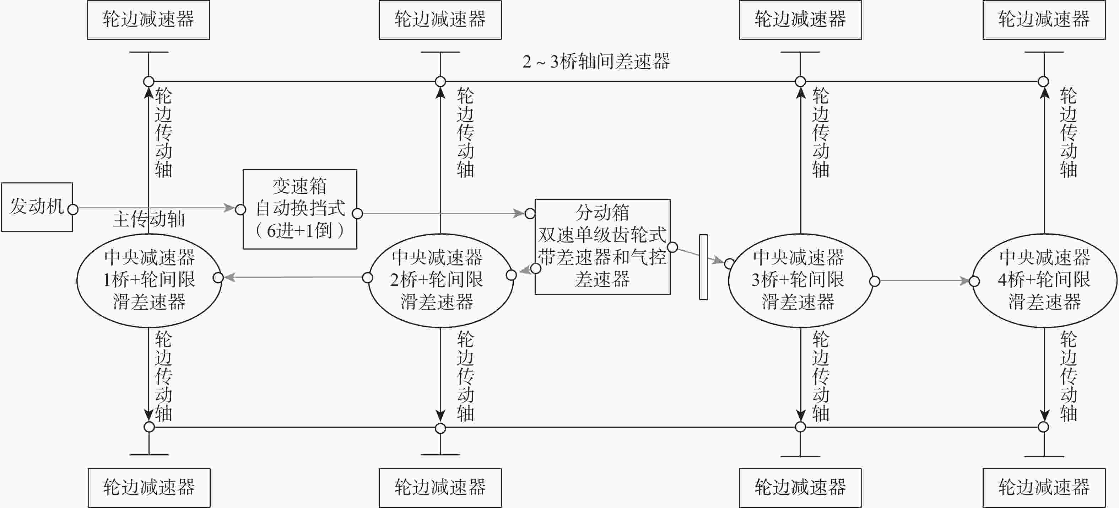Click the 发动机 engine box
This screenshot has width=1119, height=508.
click(37, 207)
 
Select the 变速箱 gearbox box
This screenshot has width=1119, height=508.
click(300, 209)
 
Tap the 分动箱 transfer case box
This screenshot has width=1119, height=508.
click(602, 246)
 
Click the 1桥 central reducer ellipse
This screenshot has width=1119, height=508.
click(149, 280)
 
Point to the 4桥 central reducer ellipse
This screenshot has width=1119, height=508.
click(1044, 280)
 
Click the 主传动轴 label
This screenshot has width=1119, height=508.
click(148, 219)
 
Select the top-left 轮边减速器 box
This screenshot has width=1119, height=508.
click(148, 20)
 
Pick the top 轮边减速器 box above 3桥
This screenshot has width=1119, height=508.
click(800, 20)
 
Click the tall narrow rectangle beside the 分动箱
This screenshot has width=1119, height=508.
click(703, 267)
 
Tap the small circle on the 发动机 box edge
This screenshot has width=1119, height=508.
click(73, 209)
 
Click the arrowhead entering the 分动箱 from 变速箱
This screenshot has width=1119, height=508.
click(519, 213)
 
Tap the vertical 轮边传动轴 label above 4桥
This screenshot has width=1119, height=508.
click(1068, 133)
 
